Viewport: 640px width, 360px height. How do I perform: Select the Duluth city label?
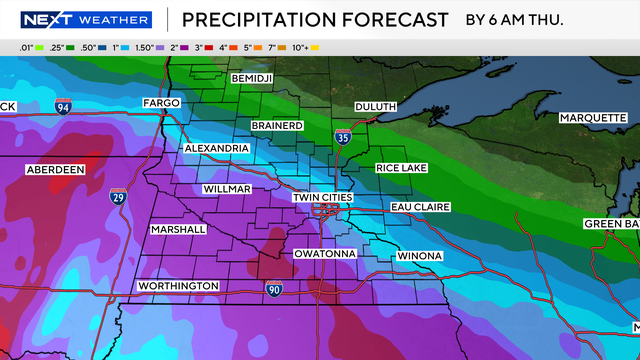point(375,107)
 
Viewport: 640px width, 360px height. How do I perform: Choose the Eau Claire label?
point(418,207)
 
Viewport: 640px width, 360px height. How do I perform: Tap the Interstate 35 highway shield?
point(343,137)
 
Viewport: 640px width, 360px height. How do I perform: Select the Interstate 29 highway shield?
point(118,196)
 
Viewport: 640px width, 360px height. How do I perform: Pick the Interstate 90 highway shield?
point(274,290)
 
